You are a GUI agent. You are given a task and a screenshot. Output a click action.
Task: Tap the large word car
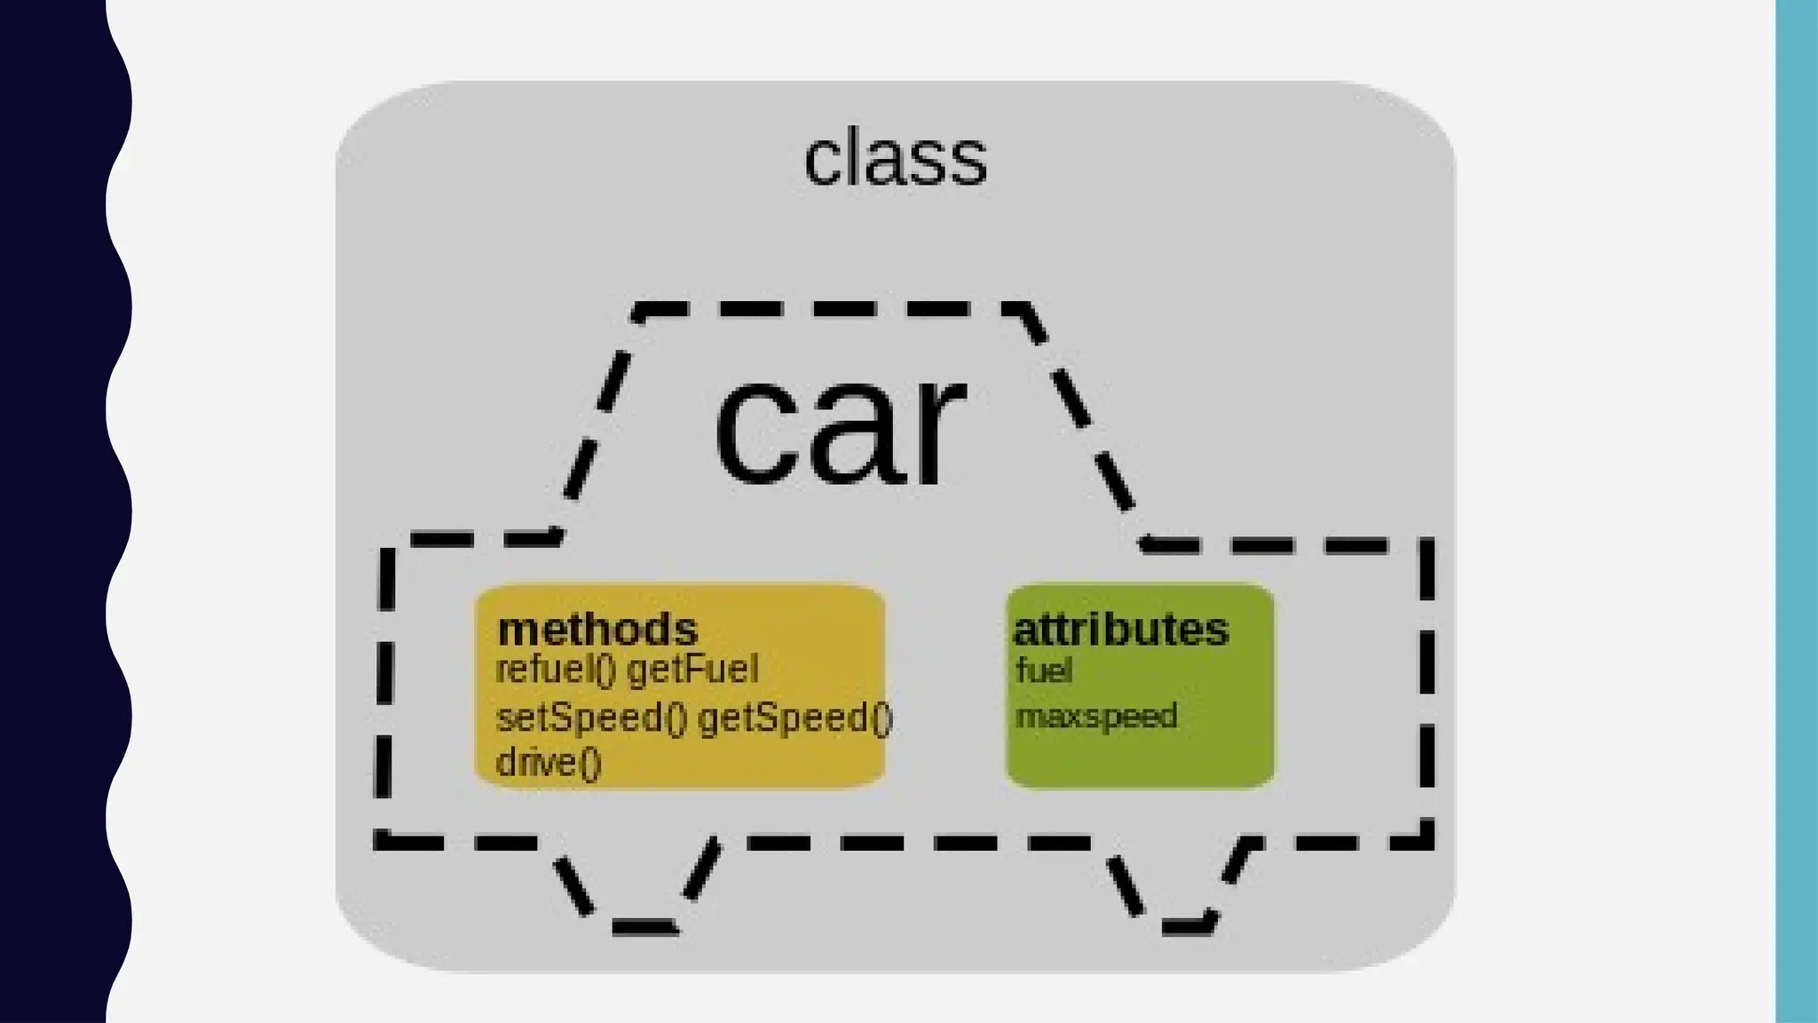[x=839, y=430]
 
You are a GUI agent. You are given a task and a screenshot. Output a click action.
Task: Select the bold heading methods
[x=597, y=630]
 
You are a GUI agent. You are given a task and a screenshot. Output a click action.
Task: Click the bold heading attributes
[x=1120, y=630]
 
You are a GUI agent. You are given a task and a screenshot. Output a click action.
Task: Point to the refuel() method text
[x=556, y=670]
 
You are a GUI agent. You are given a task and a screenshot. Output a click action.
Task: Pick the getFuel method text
[x=693, y=670]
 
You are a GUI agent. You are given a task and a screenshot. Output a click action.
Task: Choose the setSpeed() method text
[x=591, y=718]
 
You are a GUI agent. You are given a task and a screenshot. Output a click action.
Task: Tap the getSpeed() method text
[x=795, y=718]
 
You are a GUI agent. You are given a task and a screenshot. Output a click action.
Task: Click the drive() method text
[x=549, y=762]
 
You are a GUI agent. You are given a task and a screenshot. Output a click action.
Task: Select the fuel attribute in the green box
[x=1044, y=670]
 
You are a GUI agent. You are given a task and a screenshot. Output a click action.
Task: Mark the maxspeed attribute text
[x=1096, y=716]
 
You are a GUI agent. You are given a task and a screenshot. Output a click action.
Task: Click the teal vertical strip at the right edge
[x=1796, y=511]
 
